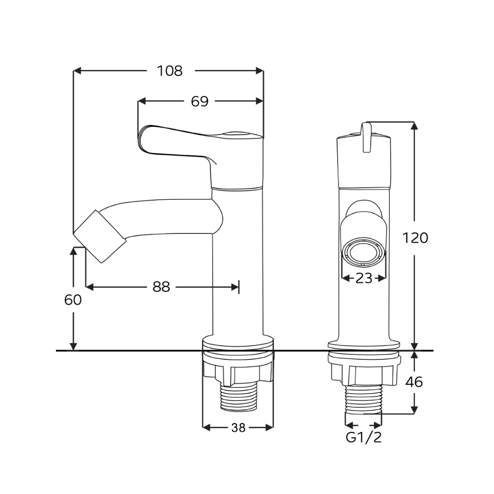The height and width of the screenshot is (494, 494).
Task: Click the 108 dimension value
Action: click(170, 71)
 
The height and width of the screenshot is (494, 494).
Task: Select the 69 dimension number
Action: click(200, 101)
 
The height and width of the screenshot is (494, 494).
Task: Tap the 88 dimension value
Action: click(161, 287)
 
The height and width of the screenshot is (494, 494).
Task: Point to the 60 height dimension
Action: click(73, 300)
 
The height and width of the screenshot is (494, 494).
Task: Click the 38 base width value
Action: click(238, 427)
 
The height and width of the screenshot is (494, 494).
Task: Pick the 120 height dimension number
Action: click(415, 238)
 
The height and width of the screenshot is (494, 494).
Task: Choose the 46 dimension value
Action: click(414, 382)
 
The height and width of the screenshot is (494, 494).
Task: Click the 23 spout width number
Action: click(364, 278)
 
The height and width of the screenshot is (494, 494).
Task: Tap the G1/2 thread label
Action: click(364, 437)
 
